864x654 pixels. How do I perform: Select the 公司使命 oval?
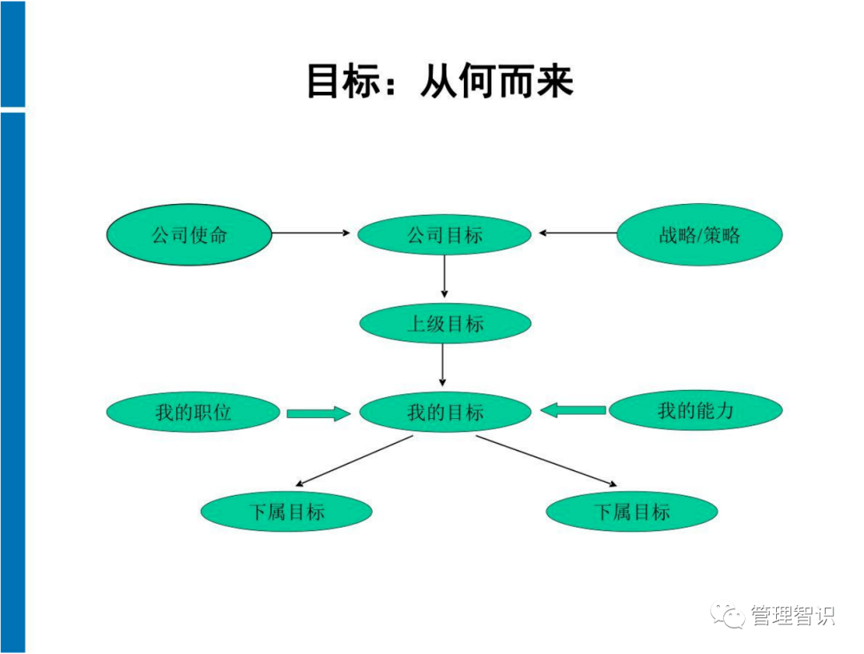pyautogui.click(x=190, y=234)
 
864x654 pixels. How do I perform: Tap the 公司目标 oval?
pyautogui.click(x=444, y=235)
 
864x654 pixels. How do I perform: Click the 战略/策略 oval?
pyautogui.click(x=699, y=234)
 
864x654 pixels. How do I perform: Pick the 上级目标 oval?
pyautogui.click(x=445, y=324)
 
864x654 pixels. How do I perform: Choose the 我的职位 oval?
pyautogui.click(x=194, y=413)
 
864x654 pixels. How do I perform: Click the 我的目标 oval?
pyautogui.click(x=445, y=413)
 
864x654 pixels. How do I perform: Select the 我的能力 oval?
pyautogui.click(x=695, y=411)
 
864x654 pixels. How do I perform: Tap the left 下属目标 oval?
pyautogui.click(x=286, y=512)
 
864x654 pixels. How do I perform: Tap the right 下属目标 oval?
pyautogui.click(x=632, y=512)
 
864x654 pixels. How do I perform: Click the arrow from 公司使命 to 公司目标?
pyautogui.click(x=312, y=233)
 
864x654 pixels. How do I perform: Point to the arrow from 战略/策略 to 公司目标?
pyautogui.click(x=578, y=233)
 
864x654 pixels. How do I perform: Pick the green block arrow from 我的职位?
pyautogui.click(x=318, y=413)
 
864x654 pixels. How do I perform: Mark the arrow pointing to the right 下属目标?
pyautogui.click(x=547, y=461)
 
